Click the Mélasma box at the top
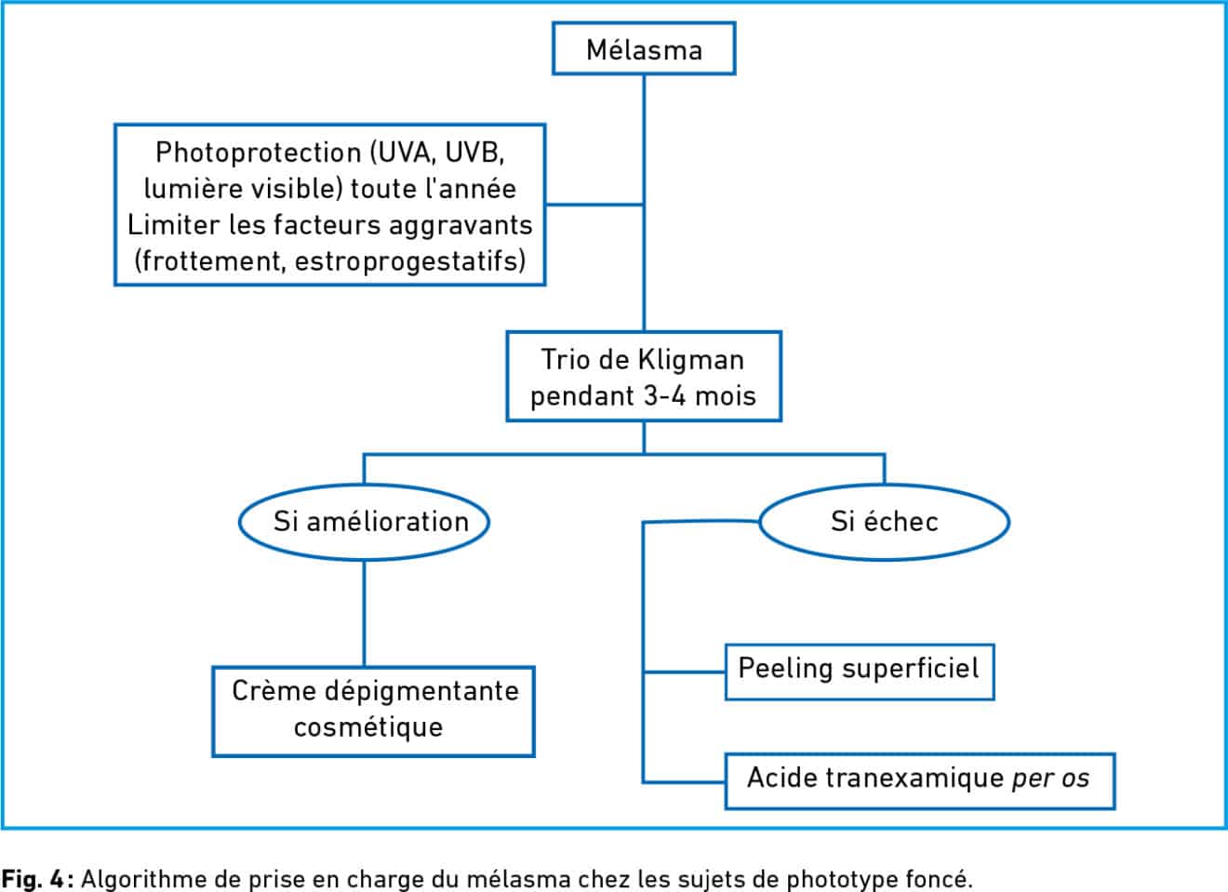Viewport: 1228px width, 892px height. click(x=644, y=49)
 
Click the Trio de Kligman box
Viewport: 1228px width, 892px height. click(x=643, y=377)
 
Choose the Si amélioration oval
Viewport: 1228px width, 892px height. click(x=364, y=521)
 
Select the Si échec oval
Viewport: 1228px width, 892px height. click(x=884, y=521)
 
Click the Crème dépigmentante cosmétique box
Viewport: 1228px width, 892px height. click(x=373, y=710)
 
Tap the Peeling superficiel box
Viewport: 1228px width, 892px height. click(x=859, y=670)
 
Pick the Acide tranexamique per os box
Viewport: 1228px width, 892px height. click(x=918, y=779)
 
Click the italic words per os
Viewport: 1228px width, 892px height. click(x=1049, y=779)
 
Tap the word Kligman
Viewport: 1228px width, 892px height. click(x=691, y=360)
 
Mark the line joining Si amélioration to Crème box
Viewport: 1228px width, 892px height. click(x=364, y=614)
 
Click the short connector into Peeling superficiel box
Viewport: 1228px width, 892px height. click(x=684, y=672)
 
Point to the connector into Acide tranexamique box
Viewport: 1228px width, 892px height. click(x=684, y=781)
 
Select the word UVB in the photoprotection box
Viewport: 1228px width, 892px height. click(x=474, y=152)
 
